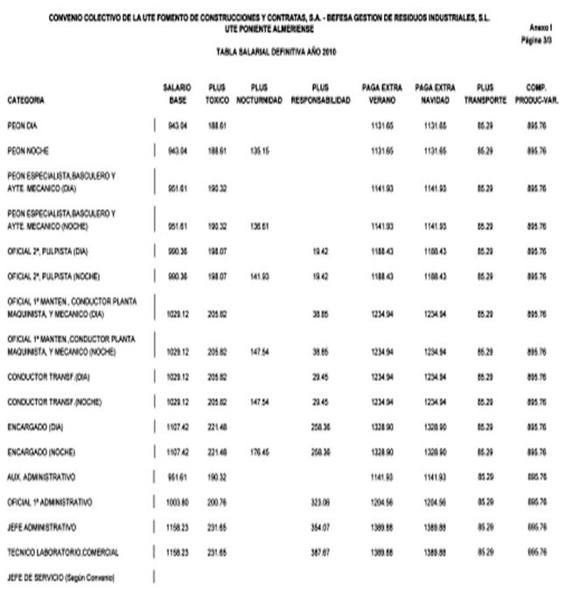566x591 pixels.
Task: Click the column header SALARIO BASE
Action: coord(178,94)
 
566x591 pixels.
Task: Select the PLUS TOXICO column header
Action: coord(217,94)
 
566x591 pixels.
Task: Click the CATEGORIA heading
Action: coord(25,101)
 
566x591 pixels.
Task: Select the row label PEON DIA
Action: coord(23,126)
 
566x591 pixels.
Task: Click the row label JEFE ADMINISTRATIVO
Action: coord(41,527)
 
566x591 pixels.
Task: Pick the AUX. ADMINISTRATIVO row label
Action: coord(41,477)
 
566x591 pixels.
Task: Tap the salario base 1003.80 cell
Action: coord(178,503)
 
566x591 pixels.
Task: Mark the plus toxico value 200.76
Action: coord(217,503)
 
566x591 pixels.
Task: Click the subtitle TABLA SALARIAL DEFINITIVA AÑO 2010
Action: coord(276,52)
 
